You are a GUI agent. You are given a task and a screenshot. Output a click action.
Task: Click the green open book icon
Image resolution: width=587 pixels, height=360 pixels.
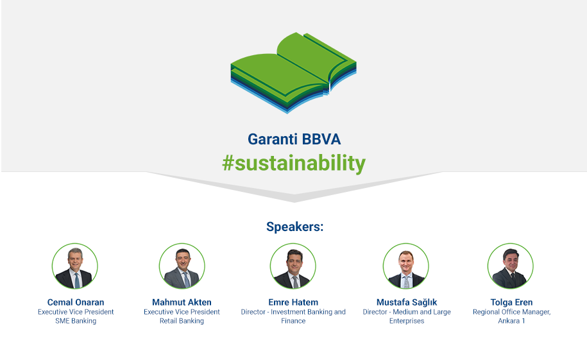pos(294,73)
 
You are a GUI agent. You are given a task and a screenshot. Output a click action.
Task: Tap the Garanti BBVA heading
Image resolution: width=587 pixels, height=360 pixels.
pos(294,139)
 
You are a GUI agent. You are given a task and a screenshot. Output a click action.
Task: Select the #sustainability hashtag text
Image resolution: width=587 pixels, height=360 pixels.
pos(294,164)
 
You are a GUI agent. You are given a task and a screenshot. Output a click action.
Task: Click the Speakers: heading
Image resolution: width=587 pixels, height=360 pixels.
pos(294,227)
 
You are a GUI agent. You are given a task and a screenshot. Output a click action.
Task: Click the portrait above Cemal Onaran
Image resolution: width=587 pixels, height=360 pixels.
pos(75,266)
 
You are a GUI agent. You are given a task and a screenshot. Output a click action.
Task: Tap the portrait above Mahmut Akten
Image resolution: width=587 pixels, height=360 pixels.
pos(182,266)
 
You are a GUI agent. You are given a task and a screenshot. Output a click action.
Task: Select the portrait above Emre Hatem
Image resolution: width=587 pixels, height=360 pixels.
pos(293,266)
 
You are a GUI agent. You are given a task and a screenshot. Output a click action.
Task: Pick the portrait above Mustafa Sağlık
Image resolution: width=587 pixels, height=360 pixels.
pos(406,266)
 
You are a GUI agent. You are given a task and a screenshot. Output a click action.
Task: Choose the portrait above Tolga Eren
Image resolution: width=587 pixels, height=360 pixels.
pos(510,266)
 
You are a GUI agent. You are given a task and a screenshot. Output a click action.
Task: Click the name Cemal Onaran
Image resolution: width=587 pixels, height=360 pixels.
pos(76,302)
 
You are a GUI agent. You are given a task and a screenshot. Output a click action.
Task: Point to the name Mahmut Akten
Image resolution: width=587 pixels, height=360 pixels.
pos(182,302)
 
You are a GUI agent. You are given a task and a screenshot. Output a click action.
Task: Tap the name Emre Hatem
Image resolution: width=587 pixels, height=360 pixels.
pos(293,302)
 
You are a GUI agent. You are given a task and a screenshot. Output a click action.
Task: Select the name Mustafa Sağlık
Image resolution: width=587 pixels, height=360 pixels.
pos(407,302)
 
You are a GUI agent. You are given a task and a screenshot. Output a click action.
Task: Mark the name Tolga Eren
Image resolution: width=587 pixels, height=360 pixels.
pos(511,302)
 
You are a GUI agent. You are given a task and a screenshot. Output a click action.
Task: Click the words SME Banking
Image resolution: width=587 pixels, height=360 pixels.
pos(76,321)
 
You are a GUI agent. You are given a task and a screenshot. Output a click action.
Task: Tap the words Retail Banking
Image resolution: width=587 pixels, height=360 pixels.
pos(182,321)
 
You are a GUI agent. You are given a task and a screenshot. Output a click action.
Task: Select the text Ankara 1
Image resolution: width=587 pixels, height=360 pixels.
pos(511,321)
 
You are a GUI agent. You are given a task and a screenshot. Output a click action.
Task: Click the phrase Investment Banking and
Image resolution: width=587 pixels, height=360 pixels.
pos(308,312)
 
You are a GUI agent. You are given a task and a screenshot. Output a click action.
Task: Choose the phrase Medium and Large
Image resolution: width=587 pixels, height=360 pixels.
pos(421,312)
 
